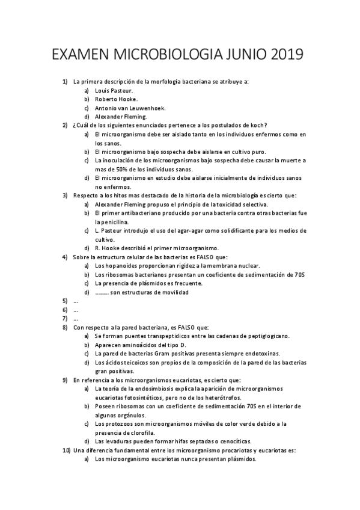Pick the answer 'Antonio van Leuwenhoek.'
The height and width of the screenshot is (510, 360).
click(130, 108)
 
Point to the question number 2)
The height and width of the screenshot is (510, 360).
click(66, 125)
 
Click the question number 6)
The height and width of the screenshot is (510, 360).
click(66, 310)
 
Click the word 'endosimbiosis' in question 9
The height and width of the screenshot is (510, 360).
click(156, 389)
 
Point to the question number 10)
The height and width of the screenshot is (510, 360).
click(66, 450)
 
